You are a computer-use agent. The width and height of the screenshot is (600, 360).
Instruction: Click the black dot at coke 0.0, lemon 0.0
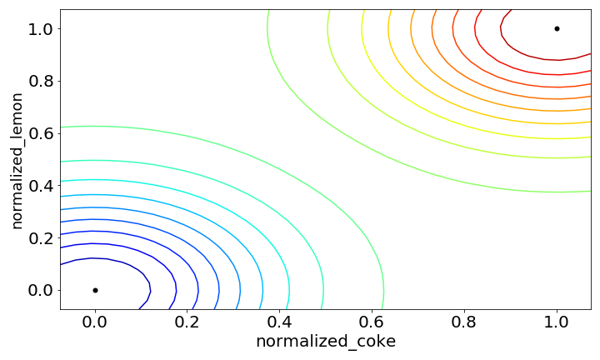click(x=95, y=290)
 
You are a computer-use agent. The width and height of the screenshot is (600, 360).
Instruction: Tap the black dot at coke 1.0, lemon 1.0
click(x=557, y=28)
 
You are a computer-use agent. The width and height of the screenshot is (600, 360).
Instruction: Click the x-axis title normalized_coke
click(x=326, y=342)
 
